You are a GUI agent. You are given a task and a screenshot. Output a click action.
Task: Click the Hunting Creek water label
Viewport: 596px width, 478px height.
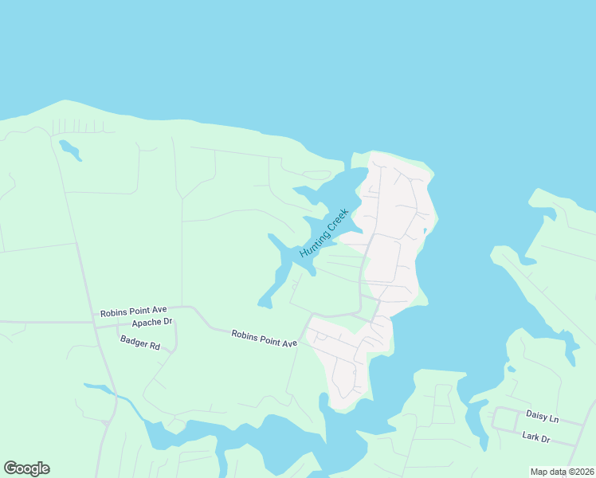[324, 232]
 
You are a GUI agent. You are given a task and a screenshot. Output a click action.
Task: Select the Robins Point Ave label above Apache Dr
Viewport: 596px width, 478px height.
[133, 312]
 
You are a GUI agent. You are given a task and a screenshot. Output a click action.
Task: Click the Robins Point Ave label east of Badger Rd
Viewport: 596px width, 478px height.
[265, 338]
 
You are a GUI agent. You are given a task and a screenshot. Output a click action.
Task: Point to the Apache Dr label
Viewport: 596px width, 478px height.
[151, 323]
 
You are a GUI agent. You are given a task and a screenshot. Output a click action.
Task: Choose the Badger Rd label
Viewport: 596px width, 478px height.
[139, 343]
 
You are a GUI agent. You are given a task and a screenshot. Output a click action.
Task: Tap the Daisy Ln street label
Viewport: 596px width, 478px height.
[542, 415]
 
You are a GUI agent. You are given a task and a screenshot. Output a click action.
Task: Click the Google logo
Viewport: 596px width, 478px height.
[26, 468]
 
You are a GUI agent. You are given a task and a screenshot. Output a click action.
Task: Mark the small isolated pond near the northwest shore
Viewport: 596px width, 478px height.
[70, 150]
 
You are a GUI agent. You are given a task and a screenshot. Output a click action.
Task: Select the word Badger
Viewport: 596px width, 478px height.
[132, 341]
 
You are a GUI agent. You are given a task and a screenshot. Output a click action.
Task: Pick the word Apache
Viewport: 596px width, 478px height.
[146, 323]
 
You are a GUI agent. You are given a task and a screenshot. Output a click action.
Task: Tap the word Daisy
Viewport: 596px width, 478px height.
[536, 414]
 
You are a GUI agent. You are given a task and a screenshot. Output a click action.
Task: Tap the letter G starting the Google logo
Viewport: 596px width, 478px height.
[10, 468]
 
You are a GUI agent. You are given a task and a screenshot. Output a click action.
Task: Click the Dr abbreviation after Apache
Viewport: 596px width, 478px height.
[167, 322]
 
